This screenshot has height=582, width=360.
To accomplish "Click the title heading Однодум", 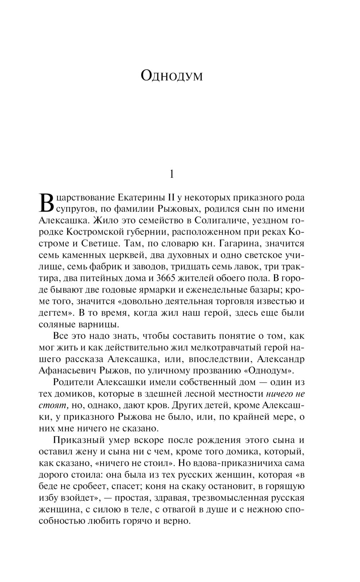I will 172,76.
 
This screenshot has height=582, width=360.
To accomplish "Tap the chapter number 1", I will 172,175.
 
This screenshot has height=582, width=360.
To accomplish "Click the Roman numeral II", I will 168,198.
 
